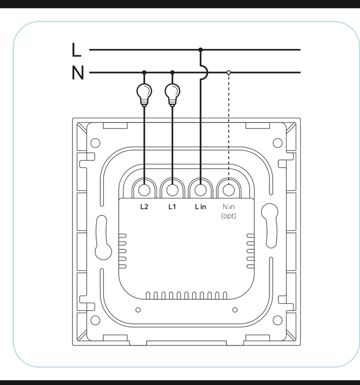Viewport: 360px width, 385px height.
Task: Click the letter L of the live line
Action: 77,50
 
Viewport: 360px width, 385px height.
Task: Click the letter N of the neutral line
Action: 78,74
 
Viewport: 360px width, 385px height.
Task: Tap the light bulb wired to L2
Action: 144,93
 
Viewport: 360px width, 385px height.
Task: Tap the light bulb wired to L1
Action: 172,93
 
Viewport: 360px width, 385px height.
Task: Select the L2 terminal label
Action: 144,207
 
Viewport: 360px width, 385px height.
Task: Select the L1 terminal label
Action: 172,207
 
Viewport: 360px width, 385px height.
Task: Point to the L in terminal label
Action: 200,207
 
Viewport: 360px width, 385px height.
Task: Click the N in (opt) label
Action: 228,211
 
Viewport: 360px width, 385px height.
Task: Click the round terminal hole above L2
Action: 144,190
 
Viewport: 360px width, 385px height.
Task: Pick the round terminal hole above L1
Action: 172,190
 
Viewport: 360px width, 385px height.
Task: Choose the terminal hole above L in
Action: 201,190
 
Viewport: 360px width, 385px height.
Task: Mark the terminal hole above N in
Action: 228,190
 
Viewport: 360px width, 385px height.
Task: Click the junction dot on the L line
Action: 201,50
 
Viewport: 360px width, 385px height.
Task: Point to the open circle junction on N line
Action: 228,72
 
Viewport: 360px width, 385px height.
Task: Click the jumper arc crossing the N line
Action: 205,72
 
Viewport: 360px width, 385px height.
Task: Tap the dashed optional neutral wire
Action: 228,129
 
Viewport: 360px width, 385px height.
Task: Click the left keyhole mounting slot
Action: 102,237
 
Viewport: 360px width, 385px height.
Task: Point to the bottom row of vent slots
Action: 186,295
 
